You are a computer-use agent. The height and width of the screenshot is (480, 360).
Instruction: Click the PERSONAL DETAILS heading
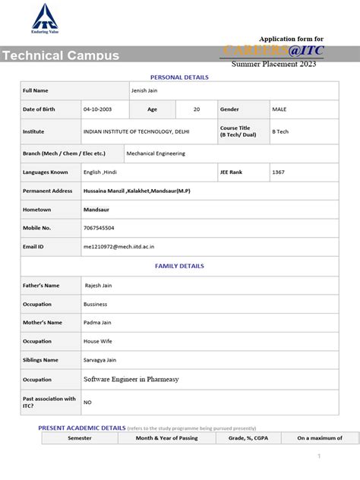179,77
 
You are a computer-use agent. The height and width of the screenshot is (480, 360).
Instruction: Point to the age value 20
197,109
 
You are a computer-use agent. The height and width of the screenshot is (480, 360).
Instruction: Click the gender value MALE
279,109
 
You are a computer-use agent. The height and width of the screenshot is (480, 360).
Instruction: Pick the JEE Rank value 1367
279,172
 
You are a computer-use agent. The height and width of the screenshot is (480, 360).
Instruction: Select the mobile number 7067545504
99,227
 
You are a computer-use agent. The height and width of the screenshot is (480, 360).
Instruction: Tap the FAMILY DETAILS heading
179,266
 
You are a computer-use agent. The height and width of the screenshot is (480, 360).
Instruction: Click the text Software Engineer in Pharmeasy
131,378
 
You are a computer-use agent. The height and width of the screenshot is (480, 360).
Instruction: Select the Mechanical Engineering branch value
155,153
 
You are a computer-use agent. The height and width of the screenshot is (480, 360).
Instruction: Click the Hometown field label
37,209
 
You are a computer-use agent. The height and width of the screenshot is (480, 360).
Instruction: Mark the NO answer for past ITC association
87,402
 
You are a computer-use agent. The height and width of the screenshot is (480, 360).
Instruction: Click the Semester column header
79,438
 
